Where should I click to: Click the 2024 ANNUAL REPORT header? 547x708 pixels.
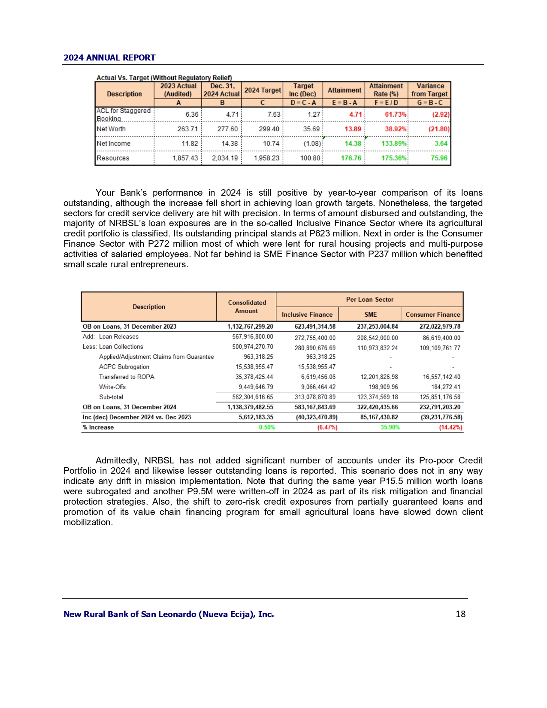109,58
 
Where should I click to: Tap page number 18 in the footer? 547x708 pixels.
460,614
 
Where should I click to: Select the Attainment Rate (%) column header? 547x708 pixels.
386,90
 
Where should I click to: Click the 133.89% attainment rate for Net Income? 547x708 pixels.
393,144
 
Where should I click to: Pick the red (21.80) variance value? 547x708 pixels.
438,129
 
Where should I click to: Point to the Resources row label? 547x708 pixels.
113,158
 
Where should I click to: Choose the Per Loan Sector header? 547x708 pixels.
369,300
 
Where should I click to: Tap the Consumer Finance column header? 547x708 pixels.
432,315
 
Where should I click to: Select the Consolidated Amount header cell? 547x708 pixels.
247,307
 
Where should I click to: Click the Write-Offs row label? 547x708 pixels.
112,387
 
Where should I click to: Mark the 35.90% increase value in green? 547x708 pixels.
390,427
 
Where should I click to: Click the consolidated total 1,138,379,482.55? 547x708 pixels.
250,407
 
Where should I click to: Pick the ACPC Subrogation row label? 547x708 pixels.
124,367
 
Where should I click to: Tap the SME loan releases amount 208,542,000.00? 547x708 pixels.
377,338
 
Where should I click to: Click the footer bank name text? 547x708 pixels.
169,614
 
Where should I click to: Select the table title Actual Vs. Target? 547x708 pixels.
164,78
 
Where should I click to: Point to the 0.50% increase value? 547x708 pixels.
266,427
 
